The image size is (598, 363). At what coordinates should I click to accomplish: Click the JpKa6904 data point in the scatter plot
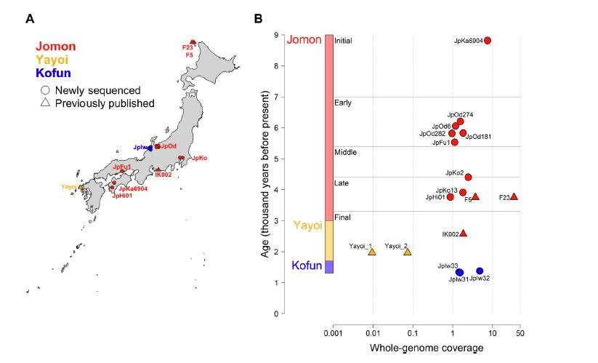487,41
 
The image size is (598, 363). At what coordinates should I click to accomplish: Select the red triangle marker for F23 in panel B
514,196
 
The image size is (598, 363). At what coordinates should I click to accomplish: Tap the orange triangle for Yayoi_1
372,252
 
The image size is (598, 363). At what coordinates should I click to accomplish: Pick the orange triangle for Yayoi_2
407,252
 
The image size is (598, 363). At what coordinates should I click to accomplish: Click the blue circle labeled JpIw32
480,271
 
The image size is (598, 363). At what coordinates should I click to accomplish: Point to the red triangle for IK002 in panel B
463,233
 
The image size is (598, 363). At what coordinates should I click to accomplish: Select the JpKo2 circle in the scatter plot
468,177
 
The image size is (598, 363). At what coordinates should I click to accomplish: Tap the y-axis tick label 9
276,35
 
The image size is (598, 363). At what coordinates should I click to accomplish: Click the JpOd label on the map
168,147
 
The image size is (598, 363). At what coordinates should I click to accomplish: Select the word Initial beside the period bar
343,41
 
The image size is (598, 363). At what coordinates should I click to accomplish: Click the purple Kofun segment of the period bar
328,267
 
